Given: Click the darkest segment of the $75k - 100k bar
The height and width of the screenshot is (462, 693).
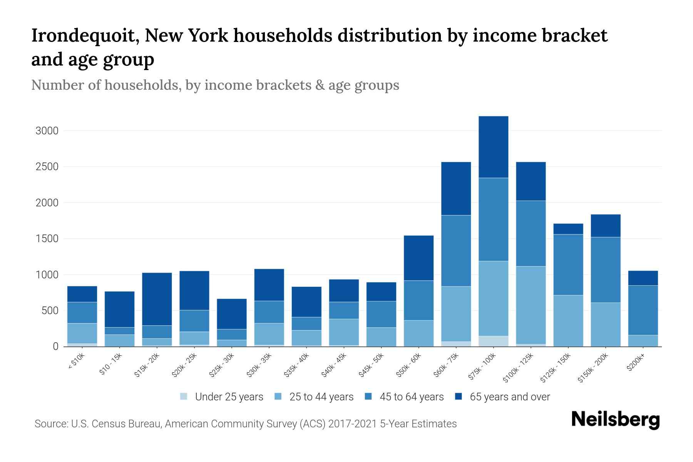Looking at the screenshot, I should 493,147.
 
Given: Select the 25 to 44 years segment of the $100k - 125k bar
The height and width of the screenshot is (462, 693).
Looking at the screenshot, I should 531,305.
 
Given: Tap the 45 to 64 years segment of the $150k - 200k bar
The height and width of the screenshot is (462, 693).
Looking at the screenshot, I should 606,269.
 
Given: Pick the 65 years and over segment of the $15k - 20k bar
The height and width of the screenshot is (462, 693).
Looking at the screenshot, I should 157,299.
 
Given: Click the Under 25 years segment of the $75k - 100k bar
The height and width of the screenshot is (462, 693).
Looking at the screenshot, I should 493,341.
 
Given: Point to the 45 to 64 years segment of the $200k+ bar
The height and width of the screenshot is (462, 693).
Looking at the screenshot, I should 643,310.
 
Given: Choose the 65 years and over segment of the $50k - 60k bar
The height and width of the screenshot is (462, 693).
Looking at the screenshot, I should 418,258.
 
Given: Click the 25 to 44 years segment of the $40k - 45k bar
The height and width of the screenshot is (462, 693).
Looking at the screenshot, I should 344,332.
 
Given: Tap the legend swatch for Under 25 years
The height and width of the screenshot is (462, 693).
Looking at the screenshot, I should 184,397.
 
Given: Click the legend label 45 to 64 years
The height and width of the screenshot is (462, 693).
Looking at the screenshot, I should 412,397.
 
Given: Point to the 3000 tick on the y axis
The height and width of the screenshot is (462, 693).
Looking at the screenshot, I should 47,131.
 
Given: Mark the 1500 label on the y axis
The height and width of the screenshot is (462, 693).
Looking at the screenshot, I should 47,239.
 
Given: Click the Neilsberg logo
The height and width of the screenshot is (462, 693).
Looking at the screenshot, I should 615,420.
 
